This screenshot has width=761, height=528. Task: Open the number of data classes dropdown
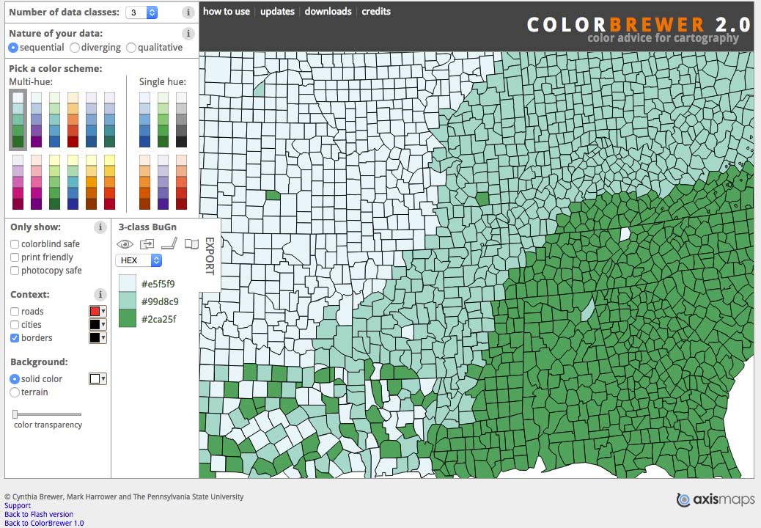pos(141,12)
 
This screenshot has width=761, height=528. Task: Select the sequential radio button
pos(13,48)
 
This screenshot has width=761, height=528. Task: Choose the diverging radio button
pos(75,48)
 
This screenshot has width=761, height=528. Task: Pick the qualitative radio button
pos(131,48)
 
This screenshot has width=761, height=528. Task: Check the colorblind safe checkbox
pos(15,244)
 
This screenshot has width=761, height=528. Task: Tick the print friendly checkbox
pos(15,257)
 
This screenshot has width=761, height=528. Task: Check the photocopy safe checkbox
pos(15,271)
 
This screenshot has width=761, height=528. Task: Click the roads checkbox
pos(15,312)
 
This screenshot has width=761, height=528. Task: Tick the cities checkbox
pos(15,325)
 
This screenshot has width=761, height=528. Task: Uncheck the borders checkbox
pos(15,338)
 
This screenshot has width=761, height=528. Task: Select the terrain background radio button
pos(15,392)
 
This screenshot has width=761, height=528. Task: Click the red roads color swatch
pos(95,312)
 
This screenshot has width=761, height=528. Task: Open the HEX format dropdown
pos(139,260)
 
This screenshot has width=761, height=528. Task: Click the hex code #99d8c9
pos(160,301)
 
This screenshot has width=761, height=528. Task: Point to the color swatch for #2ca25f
pos(128,318)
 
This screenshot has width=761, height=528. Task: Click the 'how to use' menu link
pos(227,12)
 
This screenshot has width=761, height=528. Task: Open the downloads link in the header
pos(328,12)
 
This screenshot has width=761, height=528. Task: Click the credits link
pos(376,12)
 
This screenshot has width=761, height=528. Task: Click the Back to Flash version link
pos(39,514)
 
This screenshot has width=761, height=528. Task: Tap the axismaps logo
pos(715,500)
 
